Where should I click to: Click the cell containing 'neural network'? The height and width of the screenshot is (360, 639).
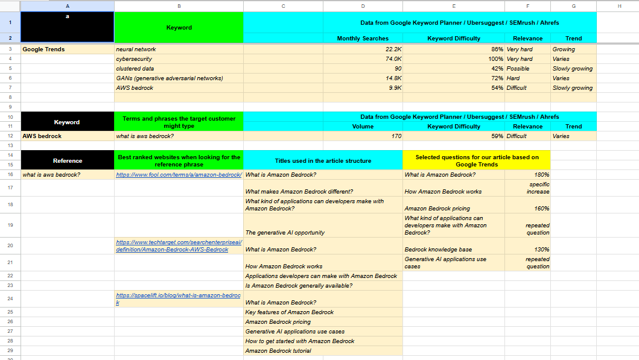(x=136, y=49)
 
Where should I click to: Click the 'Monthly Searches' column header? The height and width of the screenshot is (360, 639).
(x=363, y=39)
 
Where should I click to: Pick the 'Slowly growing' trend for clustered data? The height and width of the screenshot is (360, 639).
(x=572, y=69)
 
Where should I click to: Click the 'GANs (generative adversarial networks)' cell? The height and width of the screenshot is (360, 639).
(x=170, y=78)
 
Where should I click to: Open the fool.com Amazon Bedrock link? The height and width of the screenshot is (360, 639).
(x=179, y=175)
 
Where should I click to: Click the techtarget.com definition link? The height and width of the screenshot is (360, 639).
(x=179, y=245)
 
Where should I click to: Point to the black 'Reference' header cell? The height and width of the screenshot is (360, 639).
(x=67, y=160)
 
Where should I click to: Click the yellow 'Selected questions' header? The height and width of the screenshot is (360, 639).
(x=476, y=160)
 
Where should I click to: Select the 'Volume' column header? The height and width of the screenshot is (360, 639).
(x=363, y=127)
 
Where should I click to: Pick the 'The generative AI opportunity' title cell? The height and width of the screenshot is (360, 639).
(x=285, y=233)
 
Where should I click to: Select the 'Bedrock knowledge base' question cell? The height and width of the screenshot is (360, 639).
(x=438, y=250)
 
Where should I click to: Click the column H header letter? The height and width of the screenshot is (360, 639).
(x=619, y=6)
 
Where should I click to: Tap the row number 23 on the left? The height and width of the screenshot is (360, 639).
(x=10, y=286)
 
